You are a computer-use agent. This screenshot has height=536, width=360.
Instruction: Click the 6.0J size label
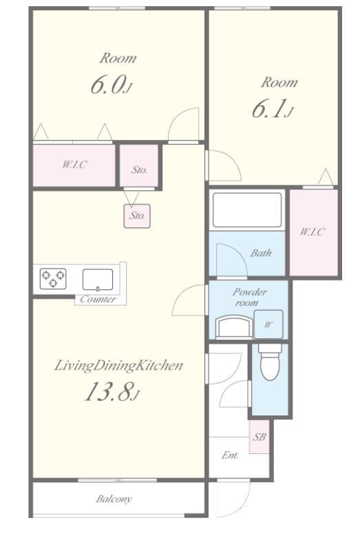pos(111,85)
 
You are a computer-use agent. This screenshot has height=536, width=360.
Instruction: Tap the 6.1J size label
pos(273,109)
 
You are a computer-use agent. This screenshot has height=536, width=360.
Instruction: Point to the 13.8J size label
pos(112,391)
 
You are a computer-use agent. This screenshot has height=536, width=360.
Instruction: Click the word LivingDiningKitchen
pos(118,365)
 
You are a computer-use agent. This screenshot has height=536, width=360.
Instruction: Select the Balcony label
pos(114,499)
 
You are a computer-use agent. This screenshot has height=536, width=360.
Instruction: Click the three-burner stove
pos(53,278)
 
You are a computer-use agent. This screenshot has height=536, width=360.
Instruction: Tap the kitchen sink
pos(98,280)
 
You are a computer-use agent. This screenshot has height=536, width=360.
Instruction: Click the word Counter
pos(98,300)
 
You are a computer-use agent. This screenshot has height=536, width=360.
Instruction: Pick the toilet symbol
pos(270,362)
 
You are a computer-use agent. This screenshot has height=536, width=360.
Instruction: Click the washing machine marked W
pos(268,324)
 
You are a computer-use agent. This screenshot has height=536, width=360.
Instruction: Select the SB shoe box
pos(260,437)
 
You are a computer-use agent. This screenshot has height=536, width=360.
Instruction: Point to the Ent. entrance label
pos(230,455)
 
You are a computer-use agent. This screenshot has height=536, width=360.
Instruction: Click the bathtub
pos(247,210)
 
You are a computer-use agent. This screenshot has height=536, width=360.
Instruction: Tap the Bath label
pos(261,253)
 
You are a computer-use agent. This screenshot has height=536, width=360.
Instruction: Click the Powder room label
pos(249,298)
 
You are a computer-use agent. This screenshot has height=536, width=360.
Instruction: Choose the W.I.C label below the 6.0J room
pos(74,165)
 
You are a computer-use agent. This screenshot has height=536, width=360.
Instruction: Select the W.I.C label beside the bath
pos(313,232)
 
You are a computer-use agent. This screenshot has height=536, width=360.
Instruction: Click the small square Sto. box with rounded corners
pos(137,216)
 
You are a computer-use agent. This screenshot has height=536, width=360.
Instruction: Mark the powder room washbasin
pos(234,327)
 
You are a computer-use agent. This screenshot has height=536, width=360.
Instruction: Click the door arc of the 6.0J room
pos(180,118)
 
